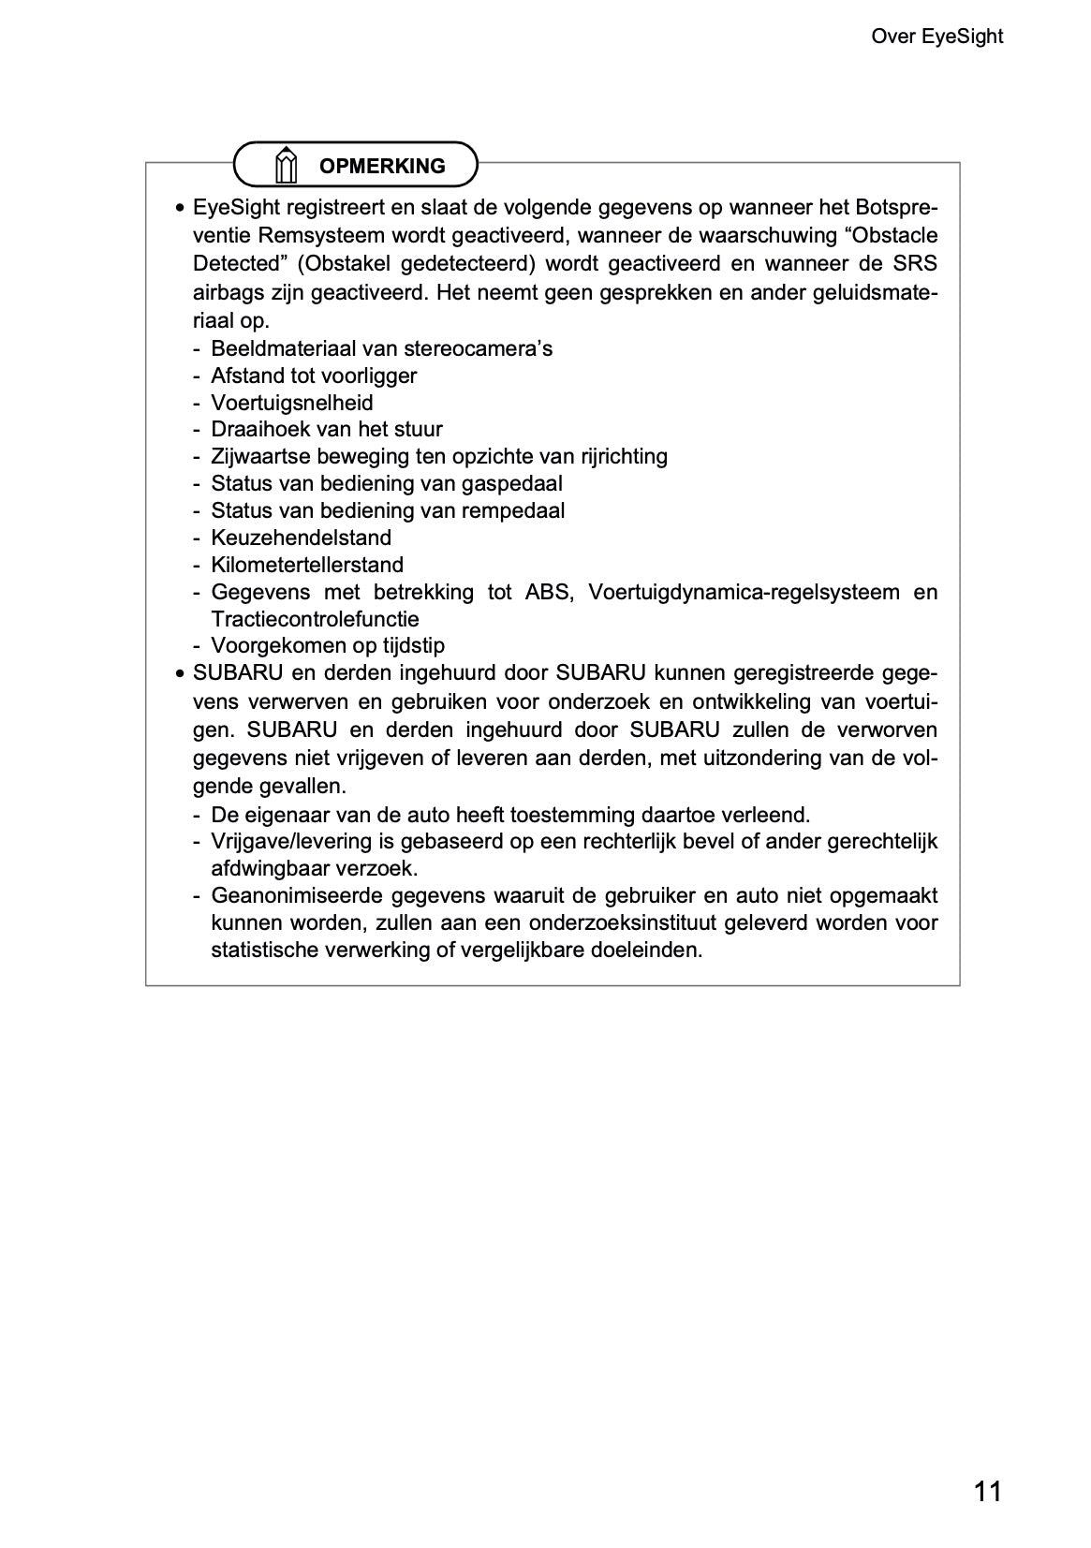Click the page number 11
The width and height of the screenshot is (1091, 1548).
987,1491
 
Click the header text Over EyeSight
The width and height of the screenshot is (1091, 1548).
936,37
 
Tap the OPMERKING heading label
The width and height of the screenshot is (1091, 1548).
382,166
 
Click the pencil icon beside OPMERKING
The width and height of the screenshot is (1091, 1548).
287,165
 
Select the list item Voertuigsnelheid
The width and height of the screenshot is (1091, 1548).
291,403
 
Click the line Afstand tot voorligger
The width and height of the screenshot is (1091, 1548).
313,376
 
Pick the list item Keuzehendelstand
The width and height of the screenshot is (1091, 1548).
301,538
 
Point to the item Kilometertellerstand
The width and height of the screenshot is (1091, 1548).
307,565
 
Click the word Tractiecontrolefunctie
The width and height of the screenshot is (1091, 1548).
315,619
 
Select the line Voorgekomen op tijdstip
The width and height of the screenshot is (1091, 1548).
328,645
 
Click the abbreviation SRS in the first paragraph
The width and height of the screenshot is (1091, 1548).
916,263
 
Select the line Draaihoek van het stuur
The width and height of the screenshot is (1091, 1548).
326,429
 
